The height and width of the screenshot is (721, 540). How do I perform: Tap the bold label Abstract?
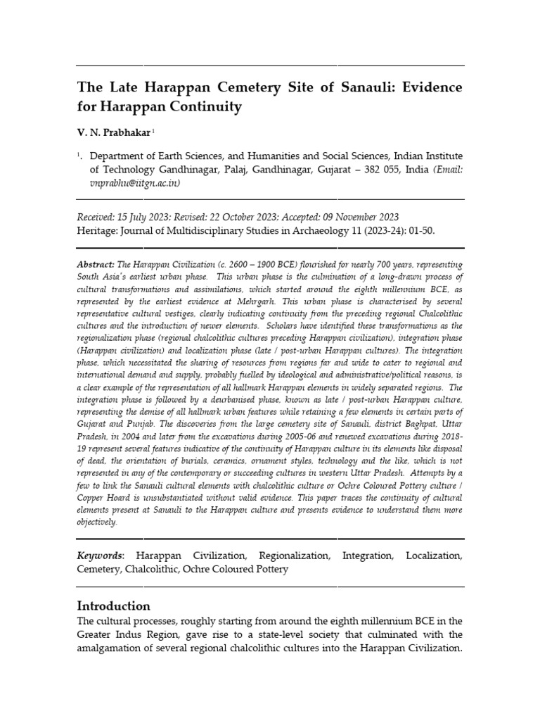pos(96,263)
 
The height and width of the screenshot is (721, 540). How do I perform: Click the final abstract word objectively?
pos(98,522)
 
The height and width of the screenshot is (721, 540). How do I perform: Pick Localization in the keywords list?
pos(434,556)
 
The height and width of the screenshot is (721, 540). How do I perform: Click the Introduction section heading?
pos(113,606)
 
